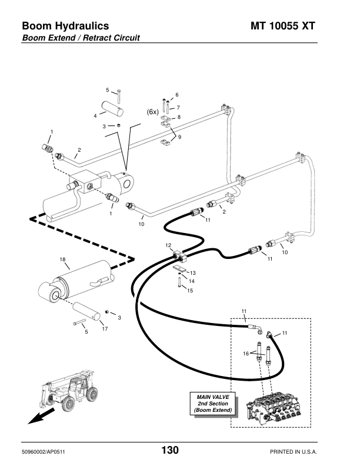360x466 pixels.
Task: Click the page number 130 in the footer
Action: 170,450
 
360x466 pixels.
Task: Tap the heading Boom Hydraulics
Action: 65,26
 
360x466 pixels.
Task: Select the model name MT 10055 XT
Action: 282,26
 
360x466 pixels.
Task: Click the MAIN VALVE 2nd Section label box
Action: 213,404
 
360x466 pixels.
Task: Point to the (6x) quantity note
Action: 153,112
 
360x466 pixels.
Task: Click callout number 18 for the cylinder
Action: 62,259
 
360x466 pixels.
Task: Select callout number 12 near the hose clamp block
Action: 168,245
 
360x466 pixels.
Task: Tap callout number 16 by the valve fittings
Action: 246,354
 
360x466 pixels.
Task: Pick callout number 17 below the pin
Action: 105,329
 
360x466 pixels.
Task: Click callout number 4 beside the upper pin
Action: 95,116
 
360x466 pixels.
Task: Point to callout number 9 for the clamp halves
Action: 179,137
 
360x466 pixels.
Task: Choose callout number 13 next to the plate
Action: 193,273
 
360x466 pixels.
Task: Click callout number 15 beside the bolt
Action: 190,290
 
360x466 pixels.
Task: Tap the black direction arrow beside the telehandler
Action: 41,416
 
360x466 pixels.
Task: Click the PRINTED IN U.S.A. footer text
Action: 294,452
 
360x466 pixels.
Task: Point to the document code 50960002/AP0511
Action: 44,452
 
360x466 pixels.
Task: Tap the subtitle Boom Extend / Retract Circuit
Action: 81,38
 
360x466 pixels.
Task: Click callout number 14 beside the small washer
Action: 192,281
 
